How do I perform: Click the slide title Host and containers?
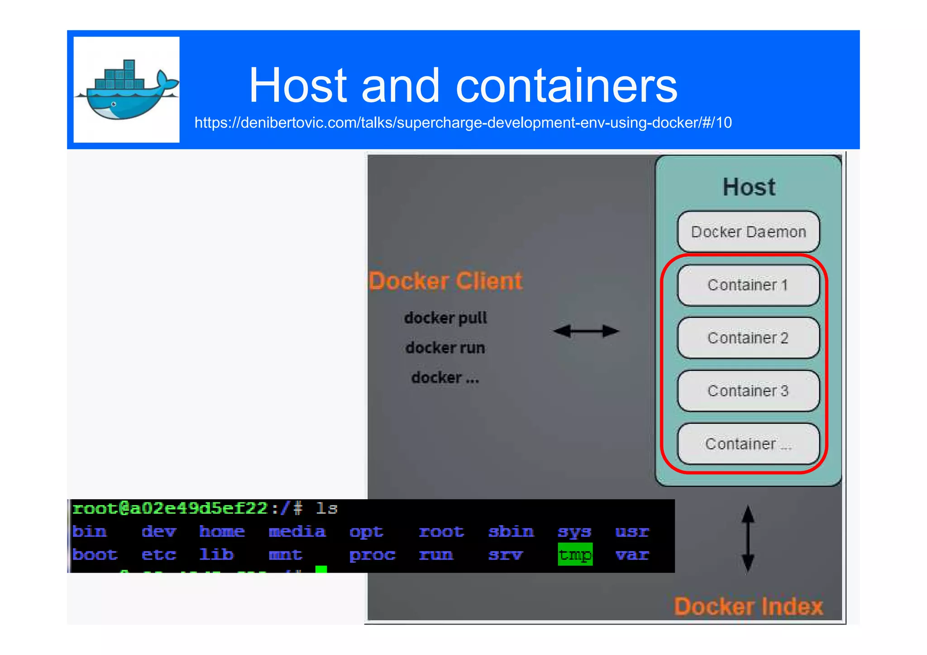tap(463, 85)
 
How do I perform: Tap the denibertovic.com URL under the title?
tap(463, 123)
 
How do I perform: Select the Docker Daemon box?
tap(748, 232)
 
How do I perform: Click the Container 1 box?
tap(748, 285)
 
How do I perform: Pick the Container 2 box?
tap(748, 338)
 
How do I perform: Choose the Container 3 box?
tap(748, 391)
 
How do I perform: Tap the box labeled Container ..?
tap(748, 444)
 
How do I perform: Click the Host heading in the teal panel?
tap(749, 187)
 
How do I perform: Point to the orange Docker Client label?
tap(445, 281)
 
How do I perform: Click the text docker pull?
tap(445, 318)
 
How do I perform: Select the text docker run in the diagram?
tap(445, 348)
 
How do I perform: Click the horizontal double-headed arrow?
tap(586, 331)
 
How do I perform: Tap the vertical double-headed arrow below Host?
tap(748, 538)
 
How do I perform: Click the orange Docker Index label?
tap(748, 607)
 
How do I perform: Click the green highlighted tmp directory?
tap(575, 555)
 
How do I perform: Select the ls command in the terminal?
tap(327, 508)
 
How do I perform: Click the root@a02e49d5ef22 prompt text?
tap(170, 508)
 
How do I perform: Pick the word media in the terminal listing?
tap(297, 531)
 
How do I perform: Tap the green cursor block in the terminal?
tap(321, 569)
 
